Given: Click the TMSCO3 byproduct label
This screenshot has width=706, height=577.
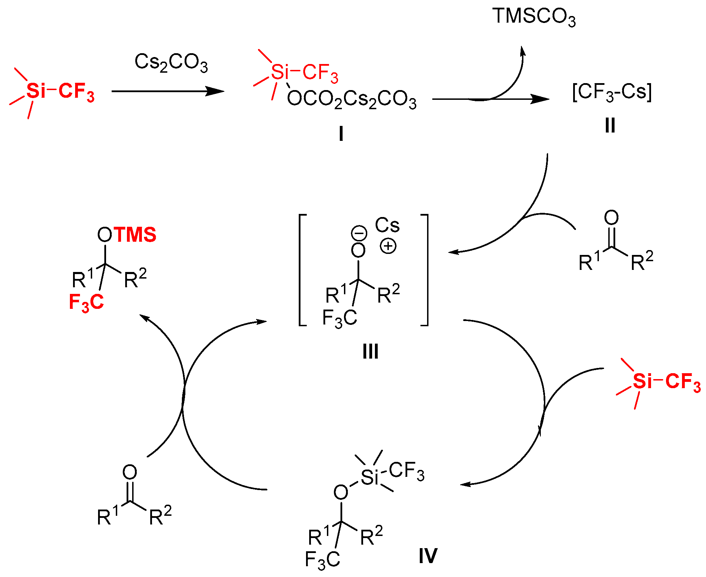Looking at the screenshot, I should (x=534, y=17).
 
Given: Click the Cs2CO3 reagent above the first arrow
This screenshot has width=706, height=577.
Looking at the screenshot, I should (x=171, y=62).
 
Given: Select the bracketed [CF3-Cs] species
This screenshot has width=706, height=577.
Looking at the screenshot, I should (x=612, y=93).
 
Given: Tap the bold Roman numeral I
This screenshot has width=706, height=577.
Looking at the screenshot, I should (x=341, y=134).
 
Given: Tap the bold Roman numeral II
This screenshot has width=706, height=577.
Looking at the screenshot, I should (x=610, y=126).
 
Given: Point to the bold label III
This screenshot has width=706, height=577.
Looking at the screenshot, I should (x=370, y=352).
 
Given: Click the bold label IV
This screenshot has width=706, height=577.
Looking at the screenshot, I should (x=428, y=556).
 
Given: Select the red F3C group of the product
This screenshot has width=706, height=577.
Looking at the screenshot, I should (x=86, y=302).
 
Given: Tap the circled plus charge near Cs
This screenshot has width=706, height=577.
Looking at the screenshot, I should (x=388, y=246).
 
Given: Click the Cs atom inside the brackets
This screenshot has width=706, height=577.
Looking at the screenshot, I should (x=387, y=225).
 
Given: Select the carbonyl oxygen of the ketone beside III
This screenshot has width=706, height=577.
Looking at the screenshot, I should (x=611, y=218).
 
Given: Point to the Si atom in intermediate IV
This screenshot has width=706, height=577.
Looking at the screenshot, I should (x=369, y=477).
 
